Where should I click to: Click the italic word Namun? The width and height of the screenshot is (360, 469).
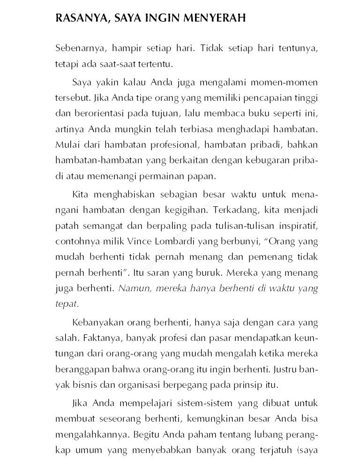pyautogui.click(x=132, y=288)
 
